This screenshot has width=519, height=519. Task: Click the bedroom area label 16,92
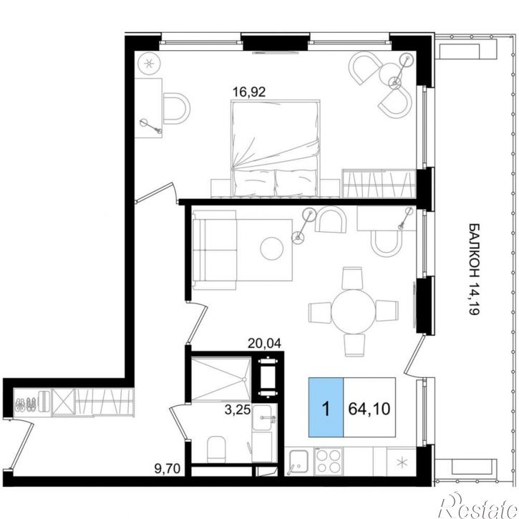[249, 92]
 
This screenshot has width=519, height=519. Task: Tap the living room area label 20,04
[264, 344]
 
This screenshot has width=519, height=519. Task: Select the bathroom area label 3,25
[238, 410]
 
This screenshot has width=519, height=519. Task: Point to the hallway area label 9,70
[167, 468]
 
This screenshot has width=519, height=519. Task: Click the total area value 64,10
[369, 409]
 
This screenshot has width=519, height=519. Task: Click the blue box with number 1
[326, 407]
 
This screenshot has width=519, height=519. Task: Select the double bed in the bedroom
[276, 148]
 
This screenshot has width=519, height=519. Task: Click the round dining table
[354, 311]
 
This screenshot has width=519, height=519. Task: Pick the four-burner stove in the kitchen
[329, 461]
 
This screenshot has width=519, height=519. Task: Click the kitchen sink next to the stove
[297, 462]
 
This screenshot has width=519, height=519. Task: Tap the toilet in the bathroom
[215, 449]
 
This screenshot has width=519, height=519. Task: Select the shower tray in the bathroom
[220, 379]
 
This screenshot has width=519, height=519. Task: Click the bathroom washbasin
[262, 418]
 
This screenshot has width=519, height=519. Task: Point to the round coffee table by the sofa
[272, 248]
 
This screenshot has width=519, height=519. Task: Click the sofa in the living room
[215, 250]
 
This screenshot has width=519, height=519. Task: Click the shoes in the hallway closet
[26, 404]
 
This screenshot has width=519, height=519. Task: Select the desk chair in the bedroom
[176, 108]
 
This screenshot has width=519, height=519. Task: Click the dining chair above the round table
[352, 278]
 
